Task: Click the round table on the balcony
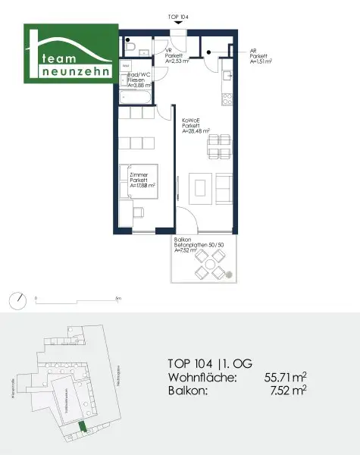pos(207,265)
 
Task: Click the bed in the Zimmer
pos(139,184)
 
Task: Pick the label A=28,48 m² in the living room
pos(196,131)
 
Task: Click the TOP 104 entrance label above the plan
pos(179,16)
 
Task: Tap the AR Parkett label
pos(259,55)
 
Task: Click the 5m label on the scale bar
pos(118,299)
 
